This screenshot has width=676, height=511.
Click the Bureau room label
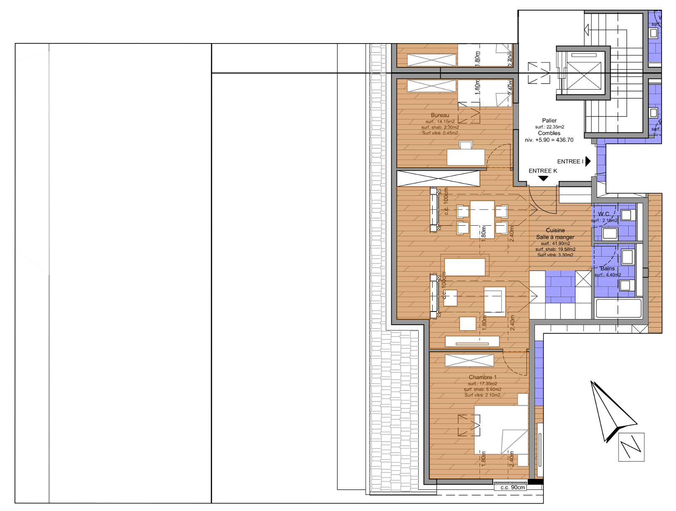[440, 115]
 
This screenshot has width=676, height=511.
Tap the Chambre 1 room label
[482, 377]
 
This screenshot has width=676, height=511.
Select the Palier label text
[549, 120]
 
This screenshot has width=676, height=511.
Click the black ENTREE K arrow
[543, 178]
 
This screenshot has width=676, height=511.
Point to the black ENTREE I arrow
[588, 161]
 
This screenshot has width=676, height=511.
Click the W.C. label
[603, 214]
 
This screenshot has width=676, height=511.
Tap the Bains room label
[608, 268]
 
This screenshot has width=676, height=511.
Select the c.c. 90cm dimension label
[512, 487]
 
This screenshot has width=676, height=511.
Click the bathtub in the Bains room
[619, 308]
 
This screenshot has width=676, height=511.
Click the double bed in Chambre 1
[501, 429]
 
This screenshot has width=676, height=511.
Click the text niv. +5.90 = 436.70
[549, 140]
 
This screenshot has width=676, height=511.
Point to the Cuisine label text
[555, 230]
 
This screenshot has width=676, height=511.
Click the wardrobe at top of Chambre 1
[469, 361]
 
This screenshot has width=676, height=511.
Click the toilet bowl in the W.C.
[610, 233]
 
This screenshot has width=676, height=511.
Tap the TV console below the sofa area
[472, 342]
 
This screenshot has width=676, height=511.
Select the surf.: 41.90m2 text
[555, 243]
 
